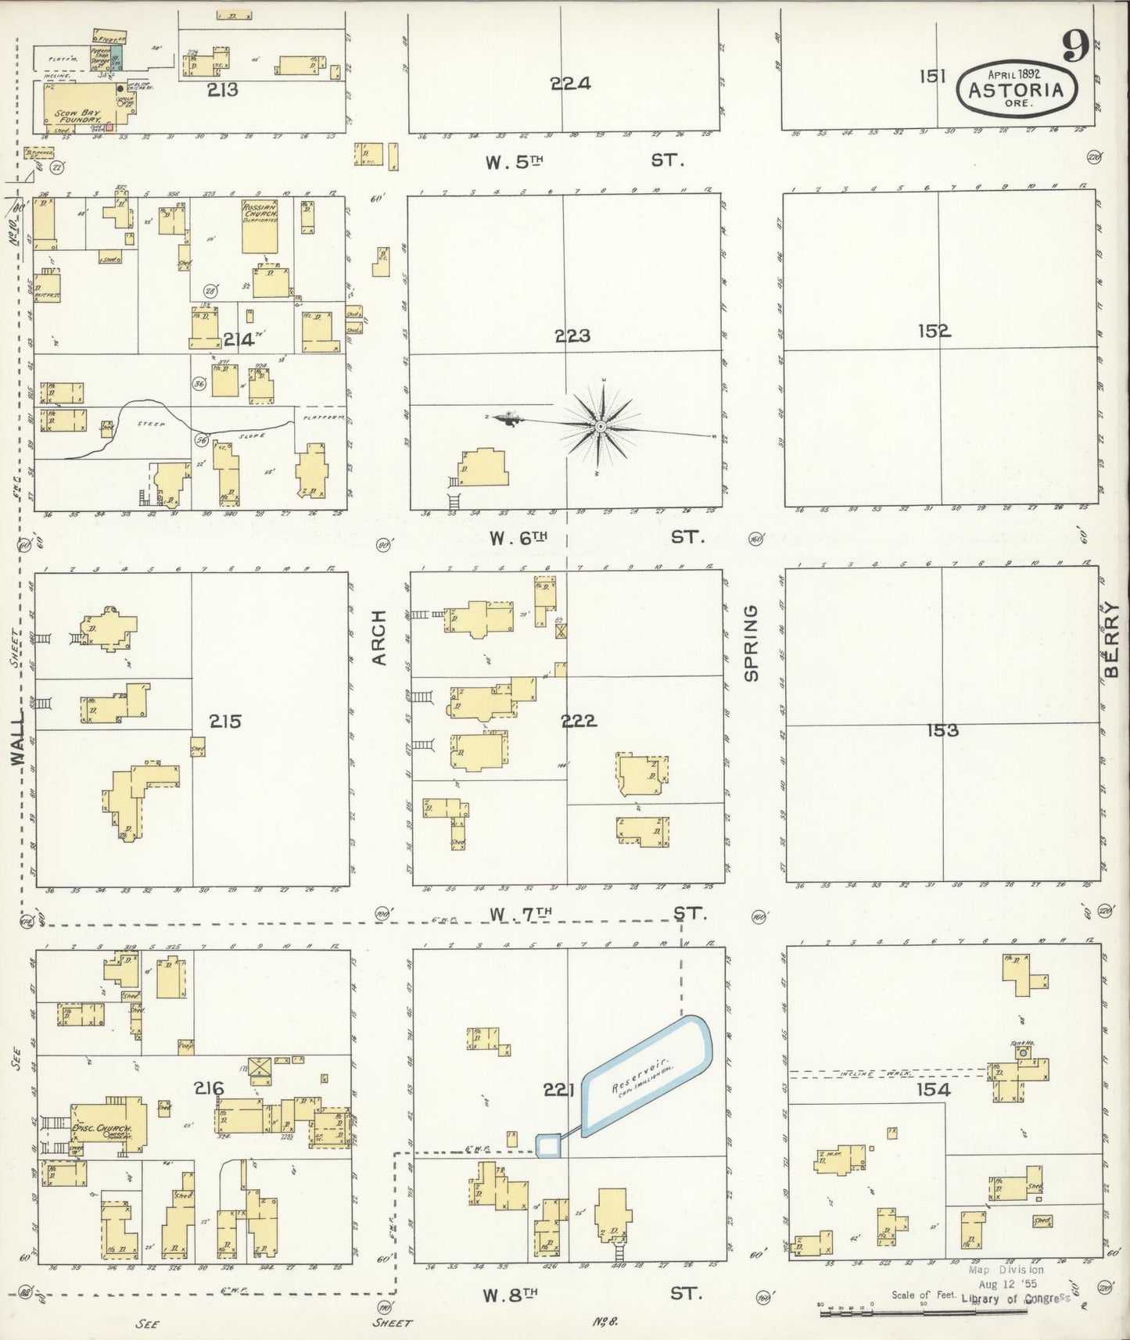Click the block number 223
point(572,336)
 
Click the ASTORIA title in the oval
point(1016,90)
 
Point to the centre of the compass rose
point(600,426)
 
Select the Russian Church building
point(260,227)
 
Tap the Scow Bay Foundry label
point(78,116)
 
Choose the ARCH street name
point(380,638)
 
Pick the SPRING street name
point(752,643)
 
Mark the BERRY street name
point(1111,640)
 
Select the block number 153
point(942,730)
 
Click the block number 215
point(225,721)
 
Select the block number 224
point(569,84)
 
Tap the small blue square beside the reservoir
point(548,1145)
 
